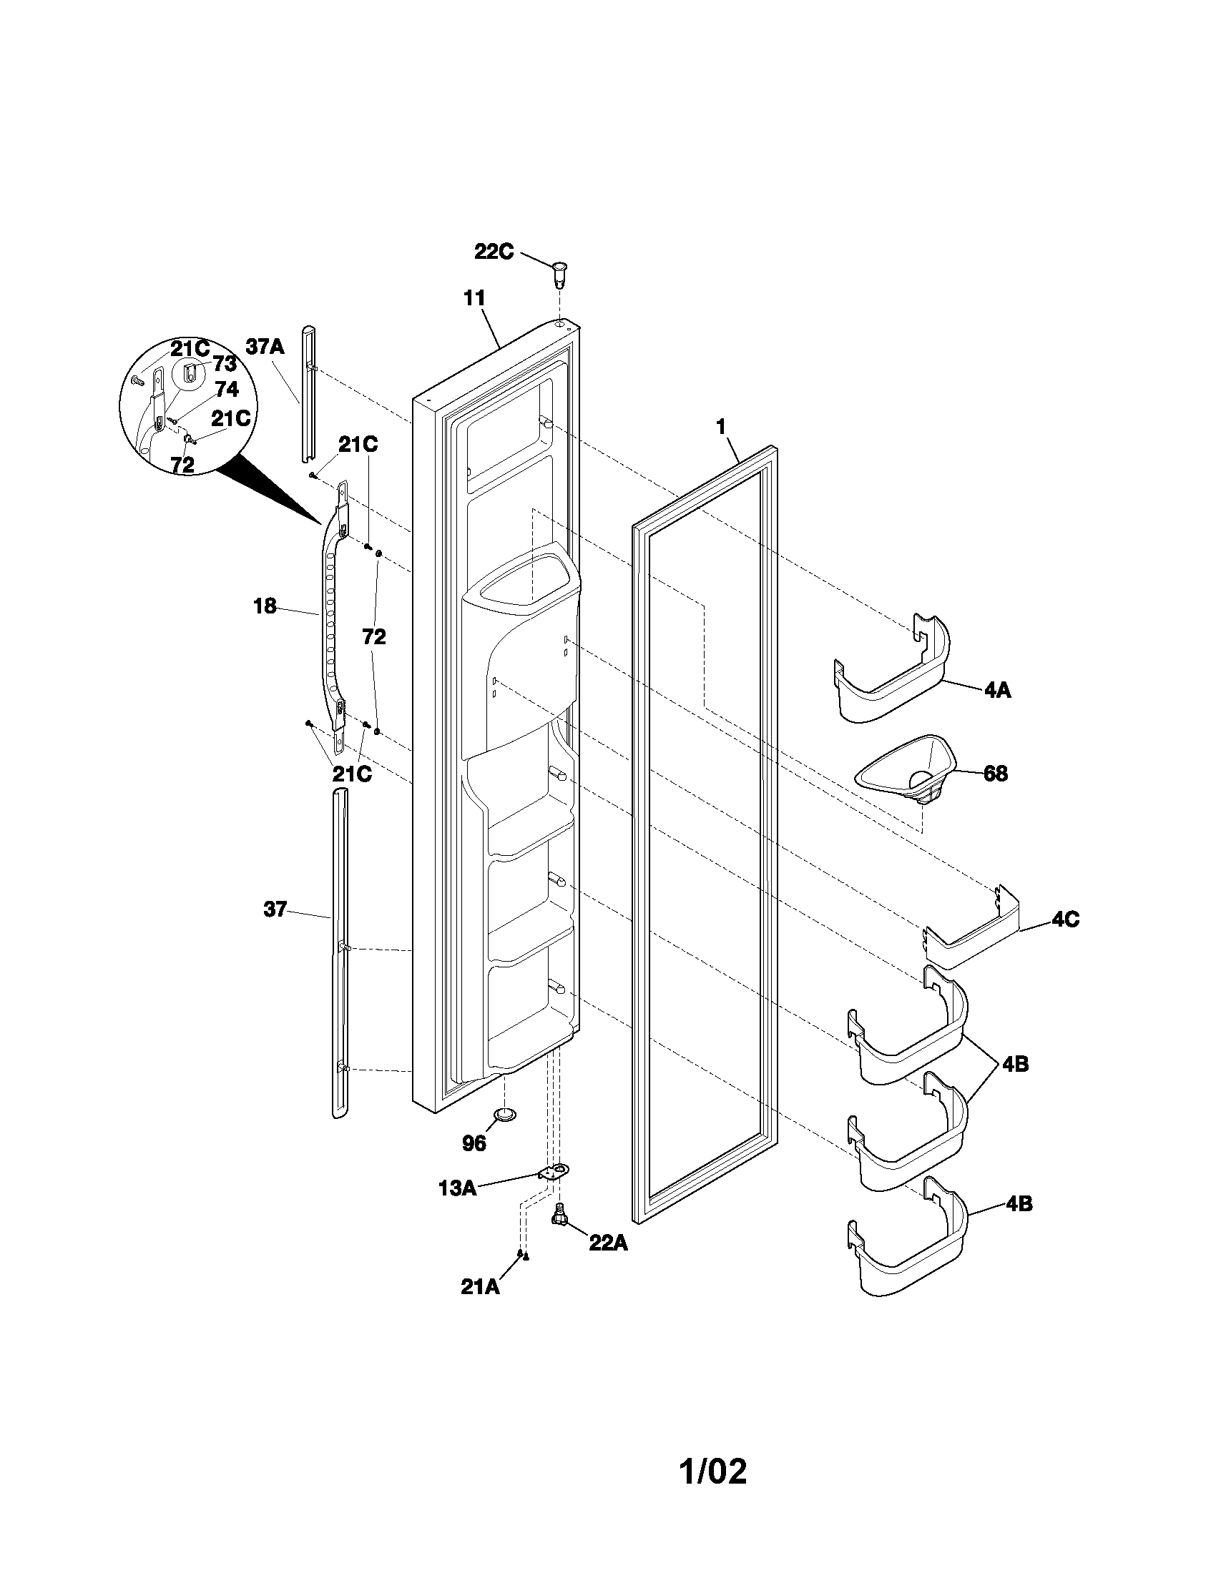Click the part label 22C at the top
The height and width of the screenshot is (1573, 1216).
pyautogui.click(x=494, y=252)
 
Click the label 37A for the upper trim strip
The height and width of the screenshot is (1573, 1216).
pyautogui.click(x=265, y=347)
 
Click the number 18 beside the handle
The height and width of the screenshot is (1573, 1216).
pyautogui.click(x=265, y=606)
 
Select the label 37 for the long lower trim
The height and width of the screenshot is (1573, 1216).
pyautogui.click(x=275, y=909)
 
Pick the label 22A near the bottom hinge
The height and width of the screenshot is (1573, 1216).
pyautogui.click(x=608, y=1243)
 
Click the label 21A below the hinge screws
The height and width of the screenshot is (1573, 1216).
pyautogui.click(x=480, y=1286)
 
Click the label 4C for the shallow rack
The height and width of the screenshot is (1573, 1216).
pyautogui.click(x=1065, y=919)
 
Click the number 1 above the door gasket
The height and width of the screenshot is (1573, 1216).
pyautogui.click(x=720, y=426)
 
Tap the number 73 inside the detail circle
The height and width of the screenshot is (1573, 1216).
pyautogui.click(x=224, y=364)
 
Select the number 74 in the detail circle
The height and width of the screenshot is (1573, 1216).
pyautogui.click(x=226, y=390)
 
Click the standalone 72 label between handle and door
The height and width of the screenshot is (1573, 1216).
pyautogui.click(x=374, y=636)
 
